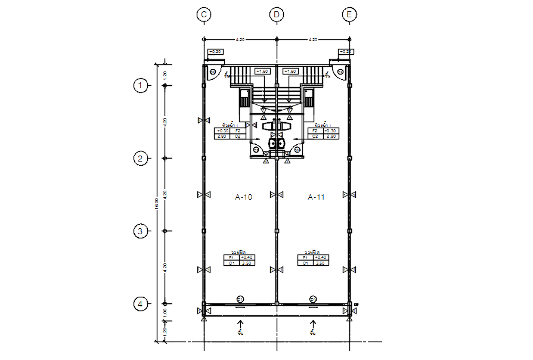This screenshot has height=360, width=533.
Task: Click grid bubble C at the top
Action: pyautogui.click(x=204, y=14)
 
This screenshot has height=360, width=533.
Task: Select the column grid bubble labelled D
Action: pyautogui.click(x=276, y=14)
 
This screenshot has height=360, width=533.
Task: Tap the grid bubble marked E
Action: pyautogui.click(x=349, y=14)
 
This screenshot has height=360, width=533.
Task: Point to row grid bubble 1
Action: pyautogui.click(x=140, y=86)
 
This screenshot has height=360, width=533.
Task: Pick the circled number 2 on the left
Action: pyautogui.click(x=140, y=159)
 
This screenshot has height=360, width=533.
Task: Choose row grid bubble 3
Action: pyautogui.click(x=140, y=231)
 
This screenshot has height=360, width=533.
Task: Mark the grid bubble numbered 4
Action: pyautogui.click(x=140, y=304)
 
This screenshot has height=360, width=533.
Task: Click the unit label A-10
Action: pyautogui.click(x=244, y=197)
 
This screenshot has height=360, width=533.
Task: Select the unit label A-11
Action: pyautogui.click(x=316, y=197)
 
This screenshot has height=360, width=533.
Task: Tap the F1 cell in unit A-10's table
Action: pyautogui.click(x=231, y=257)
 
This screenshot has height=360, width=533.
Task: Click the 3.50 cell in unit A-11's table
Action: pyautogui.click(x=320, y=263)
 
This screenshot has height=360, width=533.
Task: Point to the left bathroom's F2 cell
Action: pyautogui.click(x=237, y=131)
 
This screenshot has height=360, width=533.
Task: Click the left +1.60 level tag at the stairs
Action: pyautogui.click(x=262, y=72)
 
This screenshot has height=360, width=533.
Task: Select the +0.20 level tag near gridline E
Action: pyautogui.click(x=346, y=52)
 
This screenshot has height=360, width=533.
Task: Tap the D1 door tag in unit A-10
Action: pyautogui.click(x=240, y=298)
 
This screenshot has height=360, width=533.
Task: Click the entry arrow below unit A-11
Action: pyautogui.click(x=312, y=324)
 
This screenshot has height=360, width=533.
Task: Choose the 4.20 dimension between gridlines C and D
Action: pyautogui.click(x=240, y=39)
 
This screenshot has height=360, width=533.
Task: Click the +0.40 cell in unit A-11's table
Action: pyautogui.click(x=320, y=257)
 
